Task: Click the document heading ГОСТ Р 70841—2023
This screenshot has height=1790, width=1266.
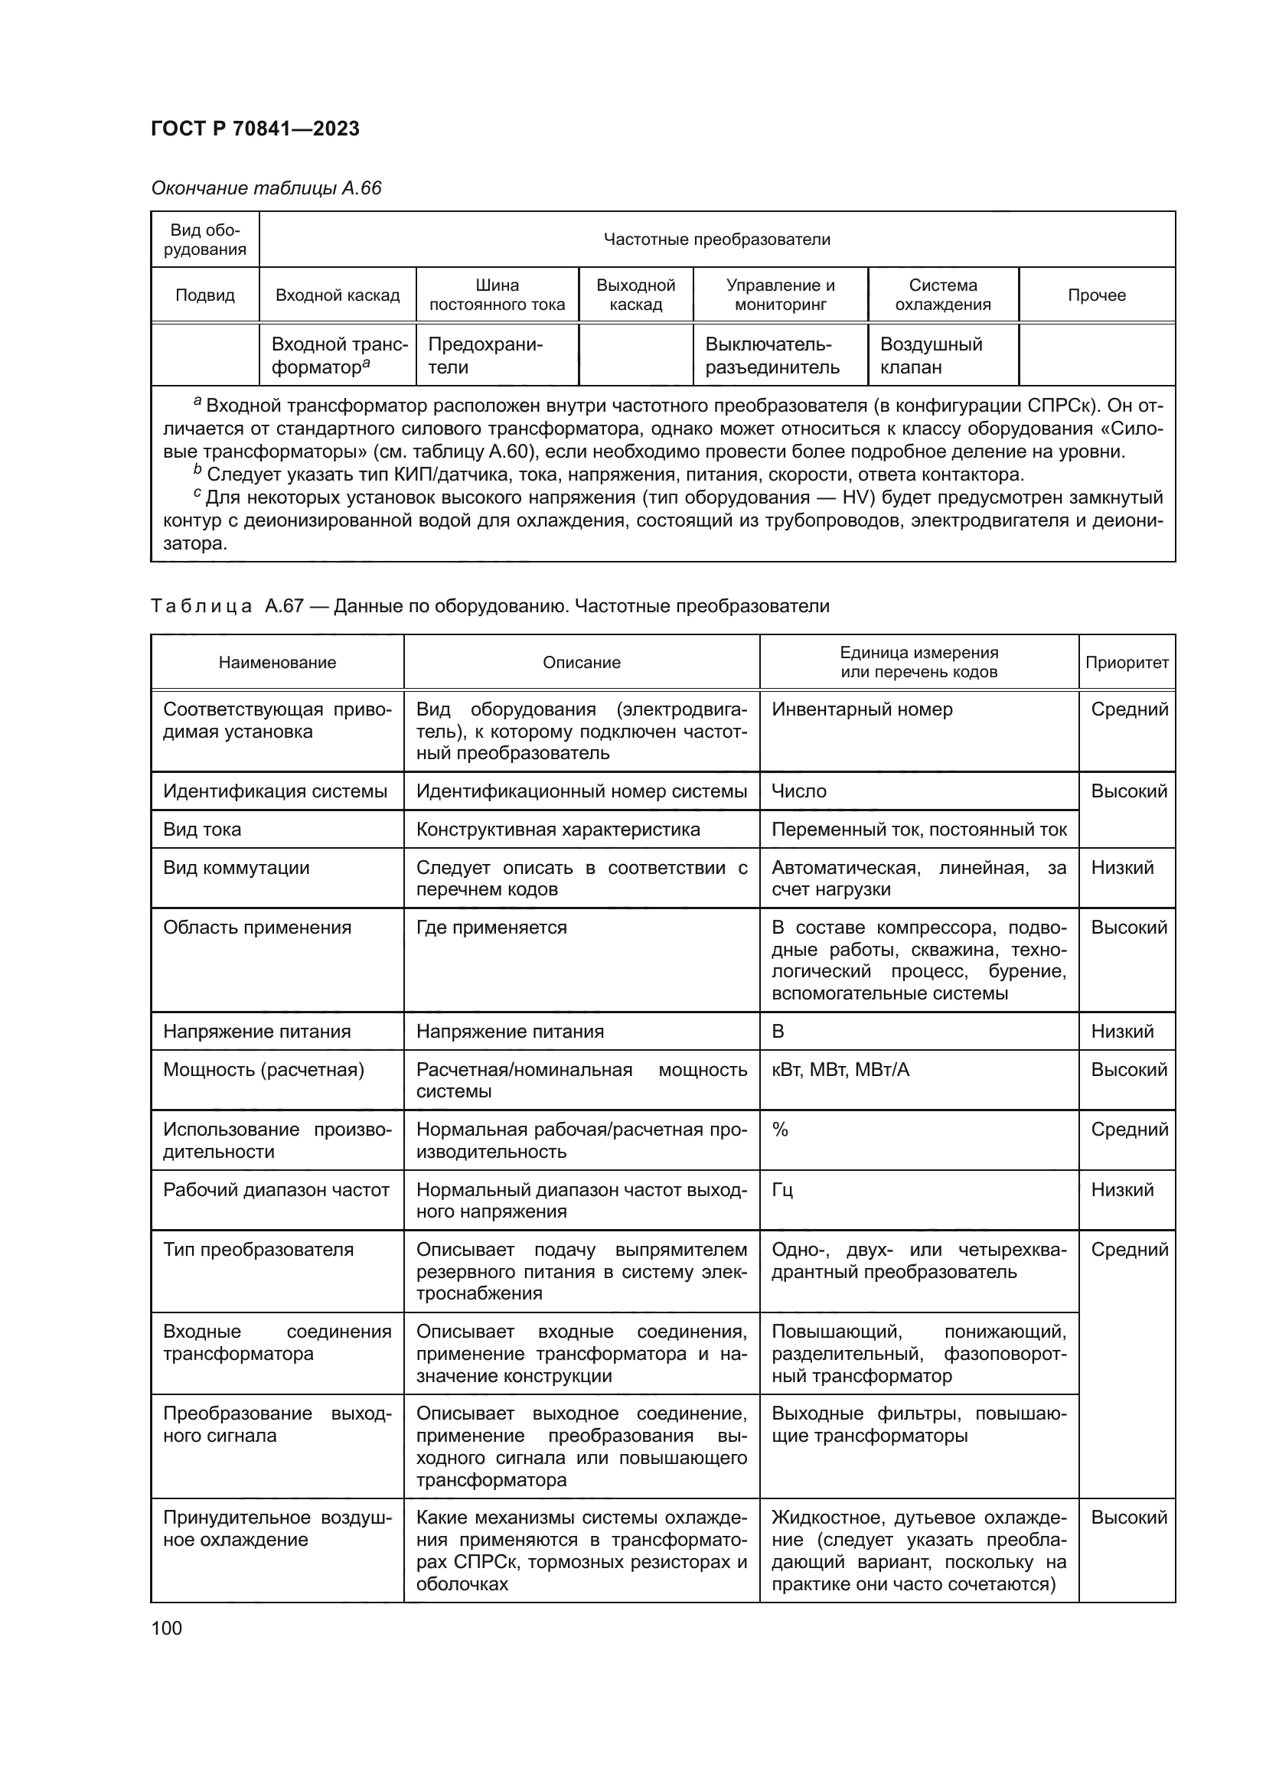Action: [255, 129]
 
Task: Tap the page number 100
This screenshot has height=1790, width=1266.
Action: [166, 1628]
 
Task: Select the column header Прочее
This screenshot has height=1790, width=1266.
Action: [1096, 295]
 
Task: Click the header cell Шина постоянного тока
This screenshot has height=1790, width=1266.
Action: [497, 295]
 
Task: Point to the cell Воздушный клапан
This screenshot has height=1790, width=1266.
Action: [931, 356]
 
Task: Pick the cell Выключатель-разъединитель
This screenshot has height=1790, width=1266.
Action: [772, 356]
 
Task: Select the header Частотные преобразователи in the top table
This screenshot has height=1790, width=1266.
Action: [716, 240]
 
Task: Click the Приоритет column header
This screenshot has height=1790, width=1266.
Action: [1127, 662]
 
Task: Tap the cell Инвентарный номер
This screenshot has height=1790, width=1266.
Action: [861, 709]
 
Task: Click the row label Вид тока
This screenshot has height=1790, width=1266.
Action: [202, 830]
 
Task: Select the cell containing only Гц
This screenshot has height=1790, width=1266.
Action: [782, 1190]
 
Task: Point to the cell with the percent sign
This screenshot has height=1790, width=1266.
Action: [779, 1130]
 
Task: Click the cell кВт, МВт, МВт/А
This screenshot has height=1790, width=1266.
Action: [840, 1070]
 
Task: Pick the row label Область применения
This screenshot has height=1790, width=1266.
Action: [256, 928]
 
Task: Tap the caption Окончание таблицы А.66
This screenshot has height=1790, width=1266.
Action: [266, 188]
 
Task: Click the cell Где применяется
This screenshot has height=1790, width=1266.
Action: [491, 928]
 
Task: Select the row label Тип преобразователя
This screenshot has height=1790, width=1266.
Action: [258, 1250]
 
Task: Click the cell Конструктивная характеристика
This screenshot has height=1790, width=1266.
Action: [557, 830]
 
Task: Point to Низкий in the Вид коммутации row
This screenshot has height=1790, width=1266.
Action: [1122, 868]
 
